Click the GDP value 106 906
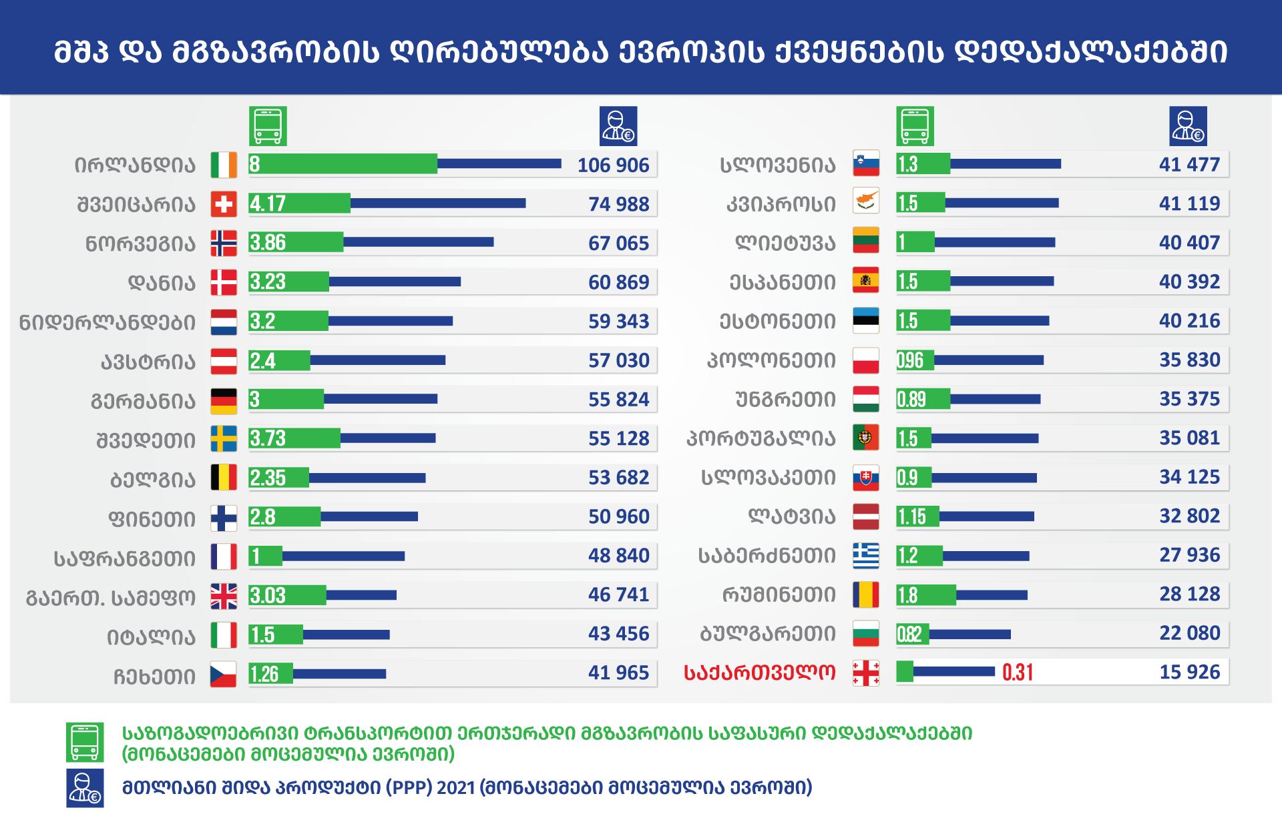613,165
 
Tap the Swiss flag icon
224,204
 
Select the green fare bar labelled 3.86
296,242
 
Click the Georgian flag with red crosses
866,673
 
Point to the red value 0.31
1018,673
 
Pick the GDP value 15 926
1189,672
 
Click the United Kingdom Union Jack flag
224,596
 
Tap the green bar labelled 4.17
299,203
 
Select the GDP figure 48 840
618,556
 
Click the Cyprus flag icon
866,201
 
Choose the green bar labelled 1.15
917,516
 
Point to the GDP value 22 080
1189,633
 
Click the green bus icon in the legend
85,742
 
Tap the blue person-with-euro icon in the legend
85,788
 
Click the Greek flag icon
866,556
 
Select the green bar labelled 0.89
923,399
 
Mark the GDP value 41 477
1189,165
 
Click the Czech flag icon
224,674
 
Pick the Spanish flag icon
866,280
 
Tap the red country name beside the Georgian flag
759,673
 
